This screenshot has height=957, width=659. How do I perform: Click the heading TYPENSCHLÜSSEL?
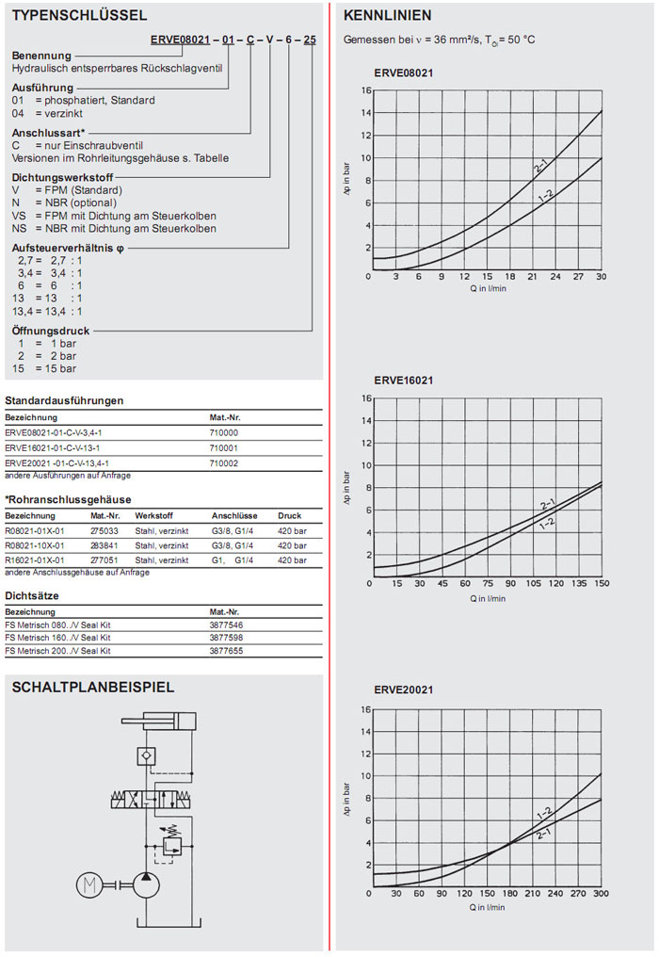pyautogui.click(x=79, y=16)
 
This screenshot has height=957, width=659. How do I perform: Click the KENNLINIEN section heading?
pyautogui.click(x=388, y=16)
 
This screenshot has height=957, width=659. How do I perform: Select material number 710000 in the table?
pyautogui.click(x=224, y=432)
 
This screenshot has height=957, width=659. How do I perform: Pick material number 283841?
pyautogui.click(x=104, y=545)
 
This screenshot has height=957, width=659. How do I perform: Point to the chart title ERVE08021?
pyautogui.click(x=403, y=73)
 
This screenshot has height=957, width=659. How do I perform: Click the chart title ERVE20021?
pyautogui.click(x=403, y=690)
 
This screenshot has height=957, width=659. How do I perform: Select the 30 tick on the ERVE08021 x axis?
pyautogui.click(x=602, y=277)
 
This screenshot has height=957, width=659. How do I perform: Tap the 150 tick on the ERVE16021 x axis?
pyautogui.click(x=602, y=584)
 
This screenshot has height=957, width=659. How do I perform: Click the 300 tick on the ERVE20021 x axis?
pyautogui.click(x=602, y=894)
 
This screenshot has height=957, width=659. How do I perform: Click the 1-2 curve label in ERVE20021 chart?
pyautogui.click(x=544, y=812)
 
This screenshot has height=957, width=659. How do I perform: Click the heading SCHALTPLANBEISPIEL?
pyautogui.click(x=92, y=688)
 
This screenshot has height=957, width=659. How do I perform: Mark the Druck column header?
pyautogui.click(x=289, y=516)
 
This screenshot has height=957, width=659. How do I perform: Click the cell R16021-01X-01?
pyautogui.click(x=36, y=560)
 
